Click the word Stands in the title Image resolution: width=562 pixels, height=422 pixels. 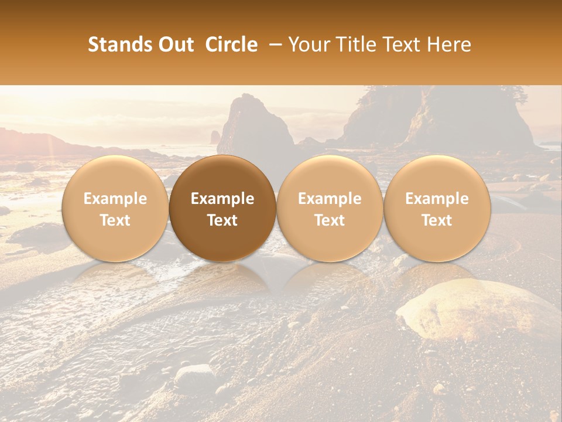pos(116,45)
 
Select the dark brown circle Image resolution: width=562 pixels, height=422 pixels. pos(222,209)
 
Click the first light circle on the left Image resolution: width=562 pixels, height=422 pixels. pos(115,209)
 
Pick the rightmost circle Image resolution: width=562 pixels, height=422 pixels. pos(437,209)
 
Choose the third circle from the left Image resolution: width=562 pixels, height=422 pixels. pos(330,209)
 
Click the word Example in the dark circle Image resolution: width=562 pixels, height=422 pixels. pos(222,199)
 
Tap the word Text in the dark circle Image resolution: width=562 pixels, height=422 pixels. pos(222,220)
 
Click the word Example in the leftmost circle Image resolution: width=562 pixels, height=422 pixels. pos(115,199)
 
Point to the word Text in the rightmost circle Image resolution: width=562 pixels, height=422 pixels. pos(437,220)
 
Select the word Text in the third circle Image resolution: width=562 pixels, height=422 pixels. pos(330,220)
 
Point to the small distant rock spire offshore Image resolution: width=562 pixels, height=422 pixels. pos(215,137)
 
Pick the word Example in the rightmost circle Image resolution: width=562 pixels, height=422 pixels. pos(437,199)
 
